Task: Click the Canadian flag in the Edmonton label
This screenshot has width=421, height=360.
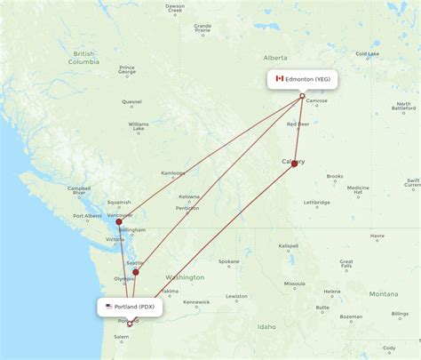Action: pyautogui.click(x=279, y=78)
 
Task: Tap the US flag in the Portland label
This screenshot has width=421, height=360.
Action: pyautogui.click(x=108, y=307)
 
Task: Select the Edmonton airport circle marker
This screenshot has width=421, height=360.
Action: pyautogui.click(x=302, y=96)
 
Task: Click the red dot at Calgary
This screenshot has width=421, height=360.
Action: pyautogui.click(x=294, y=164)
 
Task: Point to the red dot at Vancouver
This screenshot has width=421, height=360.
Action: pyautogui.click(x=119, y=221)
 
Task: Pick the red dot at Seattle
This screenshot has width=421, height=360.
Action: pyautogui.click(x=136, y=272)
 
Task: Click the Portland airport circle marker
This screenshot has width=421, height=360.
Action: pyautogui.click(x=130, y=324)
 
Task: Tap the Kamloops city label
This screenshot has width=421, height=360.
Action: pyautogui.click(x=173, y=172)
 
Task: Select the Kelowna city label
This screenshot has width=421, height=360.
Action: pyautogui.click(x=189, y=196)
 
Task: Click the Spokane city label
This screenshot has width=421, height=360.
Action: pyautogui.click(x=229, y=261)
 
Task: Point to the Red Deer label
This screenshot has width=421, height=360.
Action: pyautogui.click(x=298, y=124)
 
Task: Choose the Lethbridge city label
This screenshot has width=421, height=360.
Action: pyautogui.click(x=317, y=203)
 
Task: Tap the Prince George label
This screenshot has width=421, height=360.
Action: pyautogui.click(x=127, y=69)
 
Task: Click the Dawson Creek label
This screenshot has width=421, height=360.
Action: pyautogui.click(x=175, y=9)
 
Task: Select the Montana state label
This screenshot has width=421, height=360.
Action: pyautogui.click(x=384, y=293)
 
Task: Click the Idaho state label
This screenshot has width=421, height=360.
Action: pyautogui.click(x=266, y=326)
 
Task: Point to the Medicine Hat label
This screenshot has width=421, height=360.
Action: pyautogui.click(x=358, y=190)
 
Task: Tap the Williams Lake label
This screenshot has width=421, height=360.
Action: pyautogui.click(x=139, y=126)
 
